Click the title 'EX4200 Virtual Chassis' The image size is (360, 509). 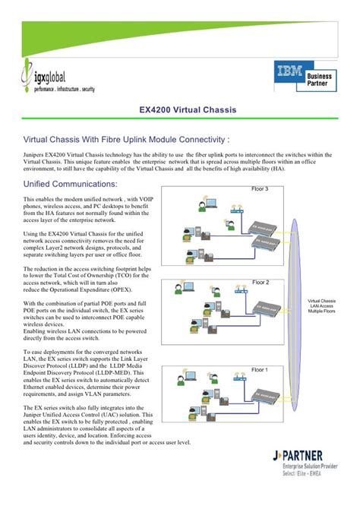(x=187, y=110)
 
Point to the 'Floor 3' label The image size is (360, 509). (x=260, y=188)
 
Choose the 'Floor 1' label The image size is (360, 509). (x=260, y=369)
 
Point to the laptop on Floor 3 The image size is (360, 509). (x=212, y=203)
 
